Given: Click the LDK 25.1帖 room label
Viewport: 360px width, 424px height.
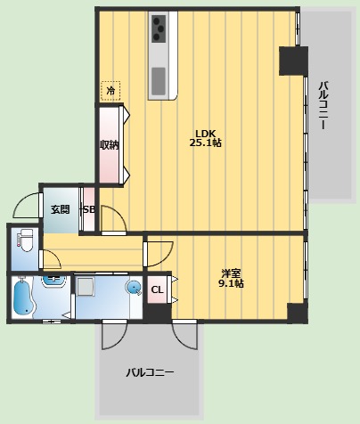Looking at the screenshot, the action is pyautogui.click(x=205, y=138).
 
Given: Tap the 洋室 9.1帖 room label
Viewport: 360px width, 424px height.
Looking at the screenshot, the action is pyautogui.click(x=231, y=278).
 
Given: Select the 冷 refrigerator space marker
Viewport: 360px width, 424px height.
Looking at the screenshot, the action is pyautogui.click(x=110, y=90).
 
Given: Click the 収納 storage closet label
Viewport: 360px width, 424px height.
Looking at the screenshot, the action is pyautogui.click(x=109, y=144).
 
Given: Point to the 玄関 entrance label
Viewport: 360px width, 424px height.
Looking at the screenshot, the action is pyautogui.click(x=60, y=209).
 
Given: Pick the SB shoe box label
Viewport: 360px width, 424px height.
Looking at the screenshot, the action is pyautogui.click(x=89, y=209).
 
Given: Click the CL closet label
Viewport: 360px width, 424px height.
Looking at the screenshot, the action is pyautogui.click(x=157, y=289).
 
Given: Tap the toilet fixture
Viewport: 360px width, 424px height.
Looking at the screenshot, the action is pyautogui.click(x=25, y=240).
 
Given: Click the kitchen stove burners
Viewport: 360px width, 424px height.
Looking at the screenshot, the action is pyautogui.click(x=159, y=29).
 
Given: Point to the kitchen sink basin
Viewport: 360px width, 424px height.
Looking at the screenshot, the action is pyautogui.click(x=159, y=80).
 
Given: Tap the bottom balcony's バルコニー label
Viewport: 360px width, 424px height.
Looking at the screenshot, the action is pyautogui.click(x=150, y=372).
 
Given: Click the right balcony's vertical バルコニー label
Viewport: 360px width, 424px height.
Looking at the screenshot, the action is pyautogui.click(x=323, y=105).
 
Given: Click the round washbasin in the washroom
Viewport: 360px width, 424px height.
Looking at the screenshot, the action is pyautogui.click(x=134, y=288).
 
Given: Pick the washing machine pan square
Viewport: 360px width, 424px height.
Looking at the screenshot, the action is pyautogui.click(x=86, y=286).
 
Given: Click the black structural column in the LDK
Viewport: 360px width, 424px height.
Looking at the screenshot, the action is pyautogui.click(x=293, y=61).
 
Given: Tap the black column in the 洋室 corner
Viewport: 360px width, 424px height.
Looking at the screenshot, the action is pyautogui.click(x=298, y=313).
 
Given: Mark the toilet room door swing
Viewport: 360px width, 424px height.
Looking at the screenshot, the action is pyautogui.click(x=52, y=259).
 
